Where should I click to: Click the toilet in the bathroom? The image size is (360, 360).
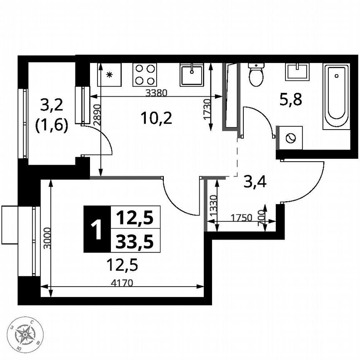255,74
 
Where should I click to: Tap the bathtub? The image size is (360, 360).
336,96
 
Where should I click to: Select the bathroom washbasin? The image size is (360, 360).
297,72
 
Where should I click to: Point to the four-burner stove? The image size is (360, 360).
145,75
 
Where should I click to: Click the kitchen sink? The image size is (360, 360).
192,75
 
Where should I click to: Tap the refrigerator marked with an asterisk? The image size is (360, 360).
110,75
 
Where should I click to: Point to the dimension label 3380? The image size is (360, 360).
156,93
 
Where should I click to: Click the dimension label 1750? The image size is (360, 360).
242,217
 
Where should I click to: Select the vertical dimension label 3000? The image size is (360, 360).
47,238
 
